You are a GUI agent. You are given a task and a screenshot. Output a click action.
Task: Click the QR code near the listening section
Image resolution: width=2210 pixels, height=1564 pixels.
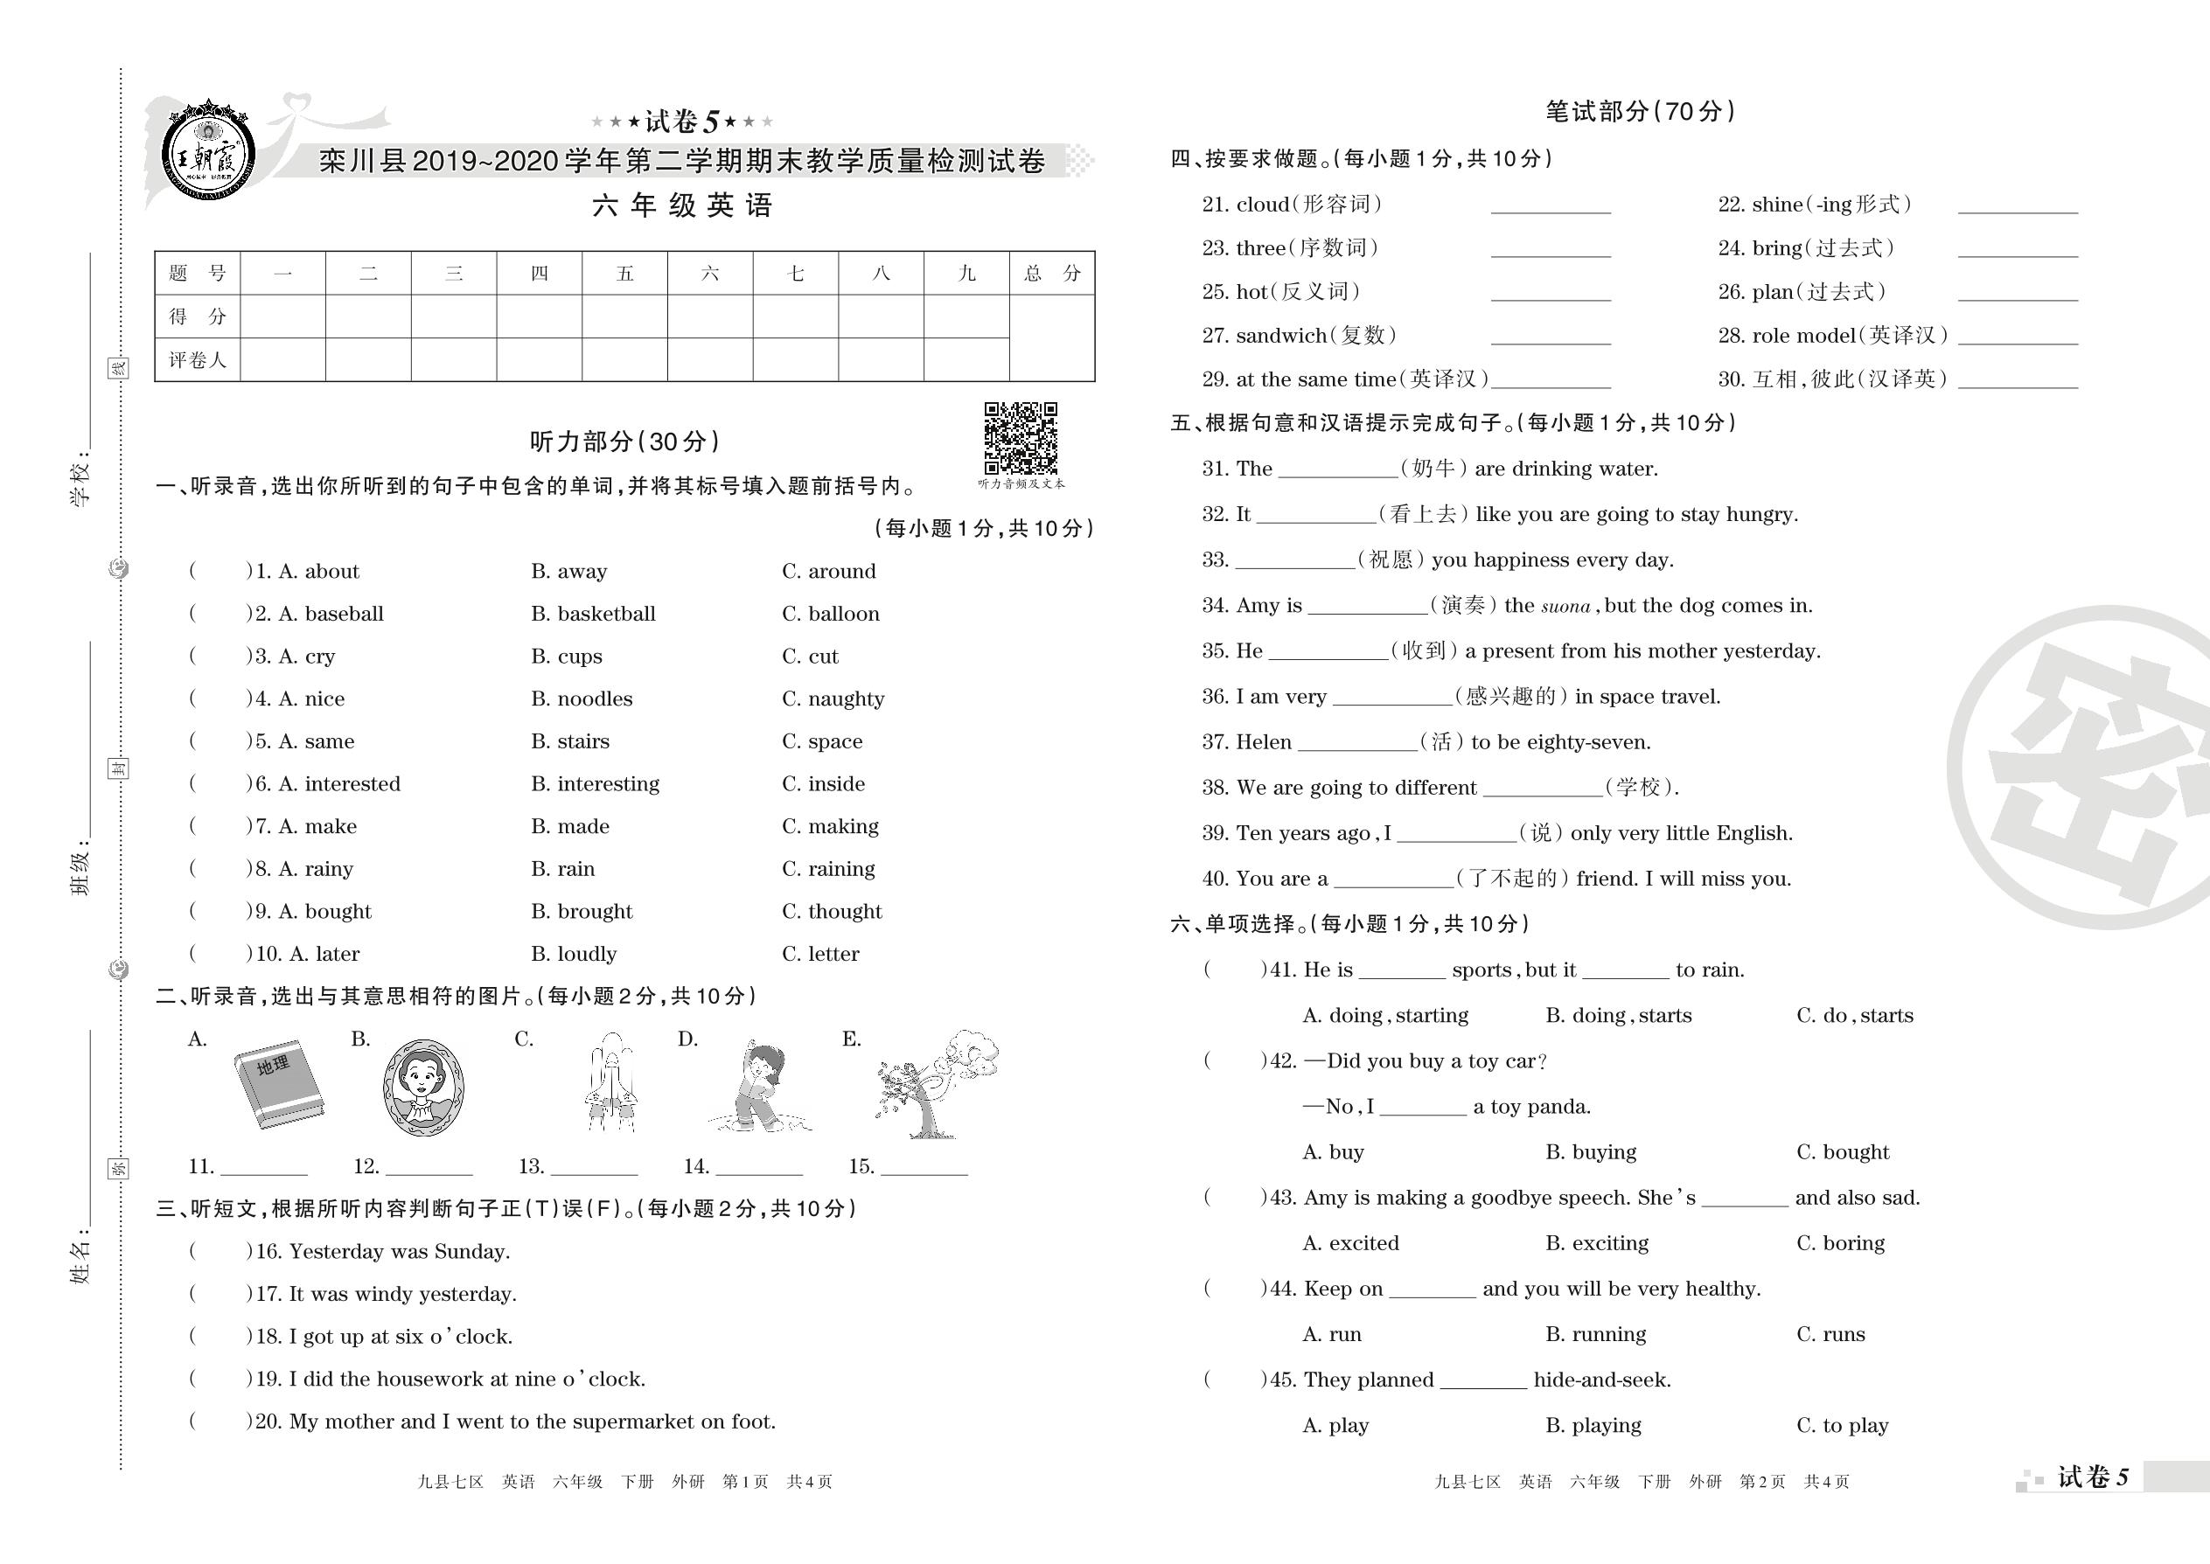1021,438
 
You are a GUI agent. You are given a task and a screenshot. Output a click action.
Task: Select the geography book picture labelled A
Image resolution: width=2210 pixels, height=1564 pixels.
277,1083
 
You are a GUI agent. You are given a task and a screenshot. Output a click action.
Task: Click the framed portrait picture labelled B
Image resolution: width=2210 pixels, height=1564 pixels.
423,1087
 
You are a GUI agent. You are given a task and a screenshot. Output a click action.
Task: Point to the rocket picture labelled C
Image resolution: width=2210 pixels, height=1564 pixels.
610,1082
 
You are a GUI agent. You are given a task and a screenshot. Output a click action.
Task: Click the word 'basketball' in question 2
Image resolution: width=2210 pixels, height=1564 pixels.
606,615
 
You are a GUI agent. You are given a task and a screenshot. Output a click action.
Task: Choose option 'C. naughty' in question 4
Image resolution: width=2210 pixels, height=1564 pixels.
833,699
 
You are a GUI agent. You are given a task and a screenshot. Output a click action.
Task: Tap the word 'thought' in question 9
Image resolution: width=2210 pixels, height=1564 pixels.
845,912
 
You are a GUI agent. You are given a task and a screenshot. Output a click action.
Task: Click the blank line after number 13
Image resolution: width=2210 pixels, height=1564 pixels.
594,1167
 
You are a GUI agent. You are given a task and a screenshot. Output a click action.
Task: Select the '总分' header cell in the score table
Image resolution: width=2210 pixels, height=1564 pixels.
1052,274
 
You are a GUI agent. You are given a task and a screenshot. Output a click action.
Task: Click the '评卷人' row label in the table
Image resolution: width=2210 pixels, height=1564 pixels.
198,360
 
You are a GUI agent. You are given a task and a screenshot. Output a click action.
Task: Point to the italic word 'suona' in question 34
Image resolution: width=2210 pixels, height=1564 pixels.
1565,607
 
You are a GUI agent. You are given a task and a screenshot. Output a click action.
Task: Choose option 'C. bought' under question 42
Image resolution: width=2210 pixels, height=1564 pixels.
1842,1153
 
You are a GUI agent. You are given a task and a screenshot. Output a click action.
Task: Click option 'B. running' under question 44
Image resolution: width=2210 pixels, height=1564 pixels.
1595,1335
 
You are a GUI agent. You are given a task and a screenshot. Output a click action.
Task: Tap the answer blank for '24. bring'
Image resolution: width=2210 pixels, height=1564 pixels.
2018,249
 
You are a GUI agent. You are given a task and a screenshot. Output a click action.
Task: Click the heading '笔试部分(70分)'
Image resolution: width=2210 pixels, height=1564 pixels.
1640,112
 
